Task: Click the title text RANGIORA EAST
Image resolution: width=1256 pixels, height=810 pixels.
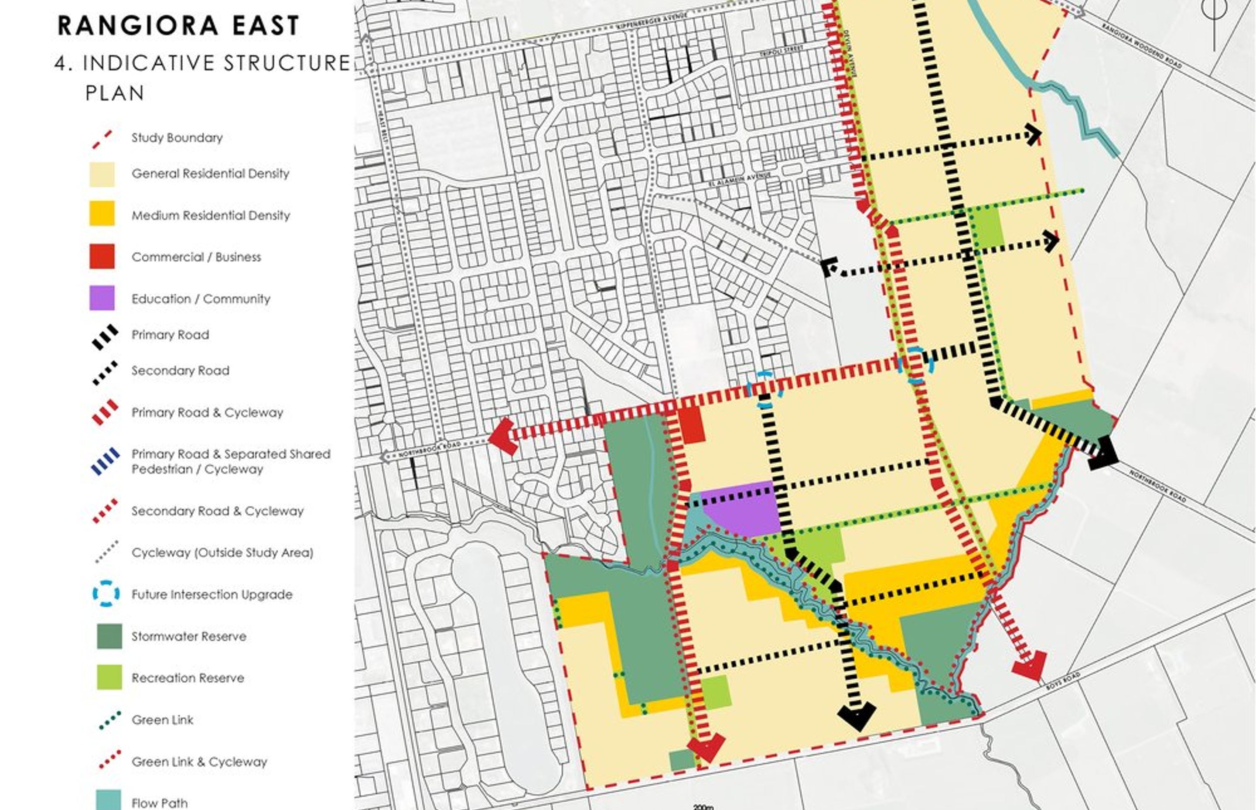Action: tap(178, 26)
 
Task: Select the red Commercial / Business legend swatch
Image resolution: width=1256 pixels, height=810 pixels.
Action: tap(102, 257)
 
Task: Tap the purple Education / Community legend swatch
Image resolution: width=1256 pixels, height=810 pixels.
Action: tap(102, 298)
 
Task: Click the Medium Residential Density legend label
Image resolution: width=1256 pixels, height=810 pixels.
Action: tap(210, 215)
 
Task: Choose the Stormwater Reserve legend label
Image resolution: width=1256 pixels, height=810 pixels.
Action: tap(189, 636)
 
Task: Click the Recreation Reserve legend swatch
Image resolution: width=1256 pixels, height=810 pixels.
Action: tap(109, 677)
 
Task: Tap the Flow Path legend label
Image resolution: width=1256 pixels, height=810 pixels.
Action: tap(159, 803)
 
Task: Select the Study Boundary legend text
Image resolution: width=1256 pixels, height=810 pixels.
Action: tap(177, 138)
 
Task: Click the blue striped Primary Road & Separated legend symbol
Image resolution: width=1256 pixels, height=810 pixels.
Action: tap(106, 461)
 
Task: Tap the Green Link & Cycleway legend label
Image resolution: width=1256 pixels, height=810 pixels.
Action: tap(199, 762)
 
